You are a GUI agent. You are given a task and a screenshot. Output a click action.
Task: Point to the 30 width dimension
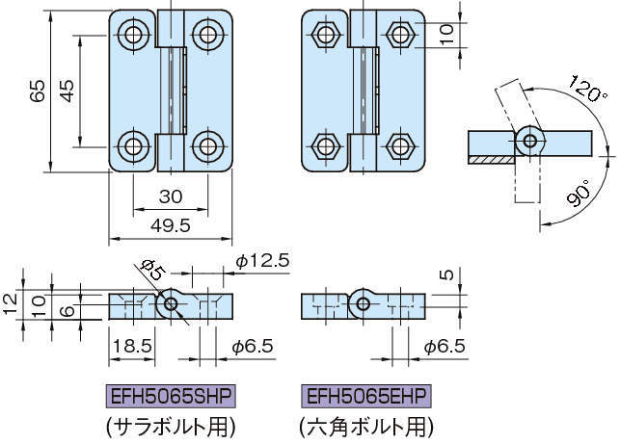[x=170, y=196]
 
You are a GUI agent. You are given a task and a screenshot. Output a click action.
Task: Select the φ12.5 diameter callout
[x=262, y=261]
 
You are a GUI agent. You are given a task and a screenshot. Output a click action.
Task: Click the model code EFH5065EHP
[x=367, y=397]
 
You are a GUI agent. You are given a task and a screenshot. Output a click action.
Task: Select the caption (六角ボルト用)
[x=366, y=425]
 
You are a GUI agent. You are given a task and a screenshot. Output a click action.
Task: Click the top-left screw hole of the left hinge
[x=133, y=36]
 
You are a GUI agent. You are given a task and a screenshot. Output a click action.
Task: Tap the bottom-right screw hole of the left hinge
[x=207, y=147]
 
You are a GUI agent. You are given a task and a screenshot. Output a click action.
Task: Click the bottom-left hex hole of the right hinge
[x=324, y=147]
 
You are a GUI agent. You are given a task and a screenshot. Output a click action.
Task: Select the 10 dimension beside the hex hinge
[x=445, y=31]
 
